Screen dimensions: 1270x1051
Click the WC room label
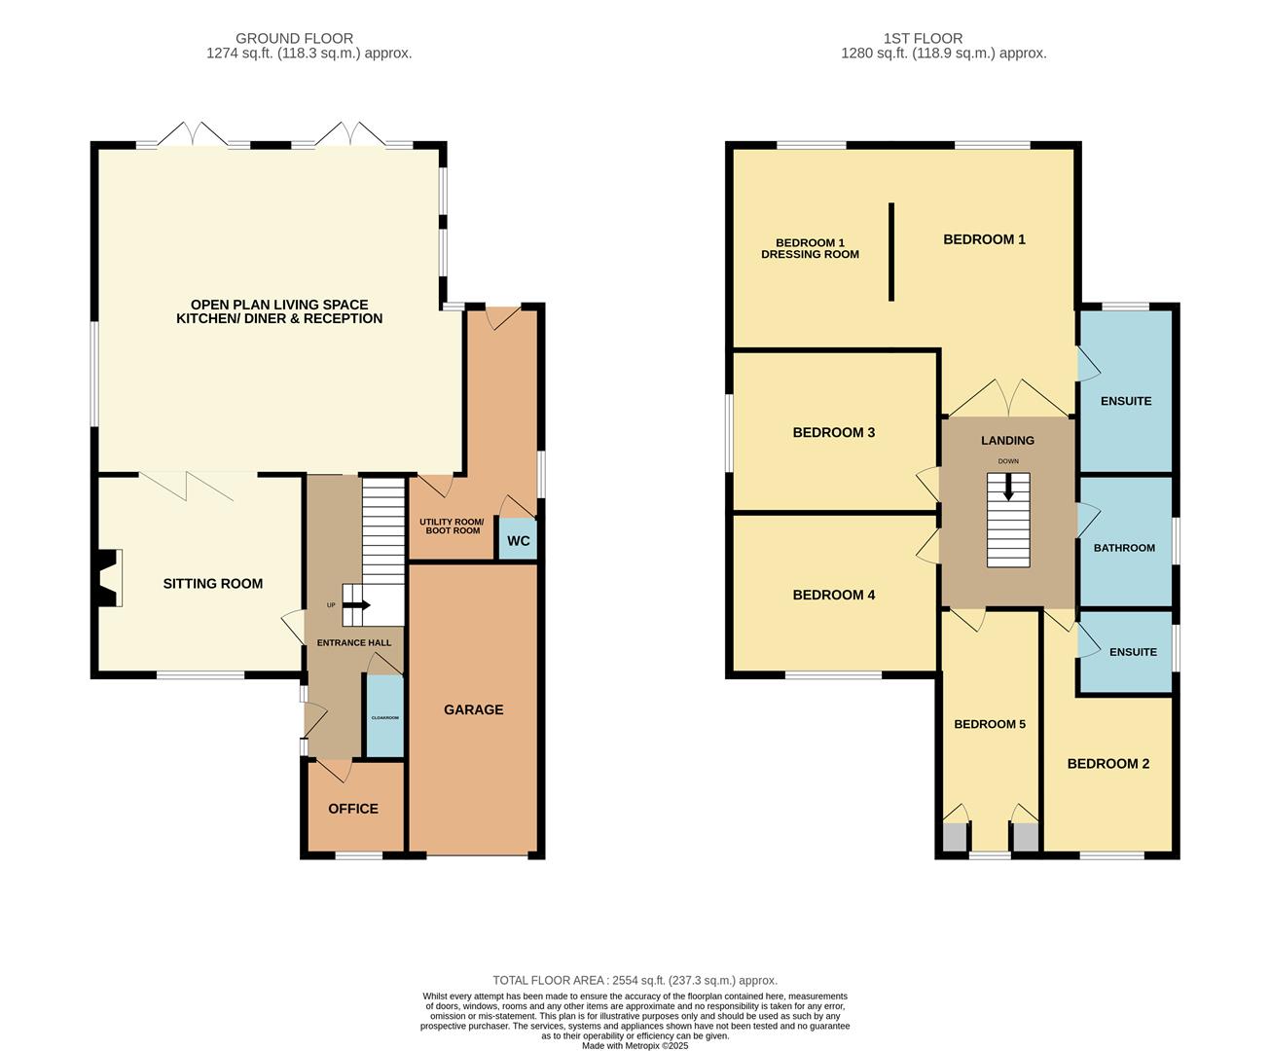coord(518,541)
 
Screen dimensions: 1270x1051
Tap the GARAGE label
coord(473,709)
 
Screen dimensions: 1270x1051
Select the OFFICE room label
coord(353,809)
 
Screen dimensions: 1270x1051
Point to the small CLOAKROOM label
coord(385,718)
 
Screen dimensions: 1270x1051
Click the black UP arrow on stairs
coord(356,605)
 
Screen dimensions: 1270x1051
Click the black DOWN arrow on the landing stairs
coord(1008,488)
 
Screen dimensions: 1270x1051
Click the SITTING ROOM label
coord(213,584)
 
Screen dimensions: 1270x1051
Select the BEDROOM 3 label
coord(834,432)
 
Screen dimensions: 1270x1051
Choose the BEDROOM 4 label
coord(834,595)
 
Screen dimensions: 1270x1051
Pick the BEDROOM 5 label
coord(990,724)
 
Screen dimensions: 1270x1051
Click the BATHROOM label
coord(1124,548)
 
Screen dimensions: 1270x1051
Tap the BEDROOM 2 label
coord(1108,764)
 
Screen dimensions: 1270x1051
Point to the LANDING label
coord(1007,440)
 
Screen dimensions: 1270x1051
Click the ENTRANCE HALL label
coord(354,643)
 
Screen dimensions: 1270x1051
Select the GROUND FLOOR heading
coord(294,38)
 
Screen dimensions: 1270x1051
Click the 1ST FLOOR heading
coord(924,38)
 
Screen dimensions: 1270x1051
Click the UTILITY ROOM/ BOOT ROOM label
coord(452,526)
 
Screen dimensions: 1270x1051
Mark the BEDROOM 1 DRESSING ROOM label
coord(810,249)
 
